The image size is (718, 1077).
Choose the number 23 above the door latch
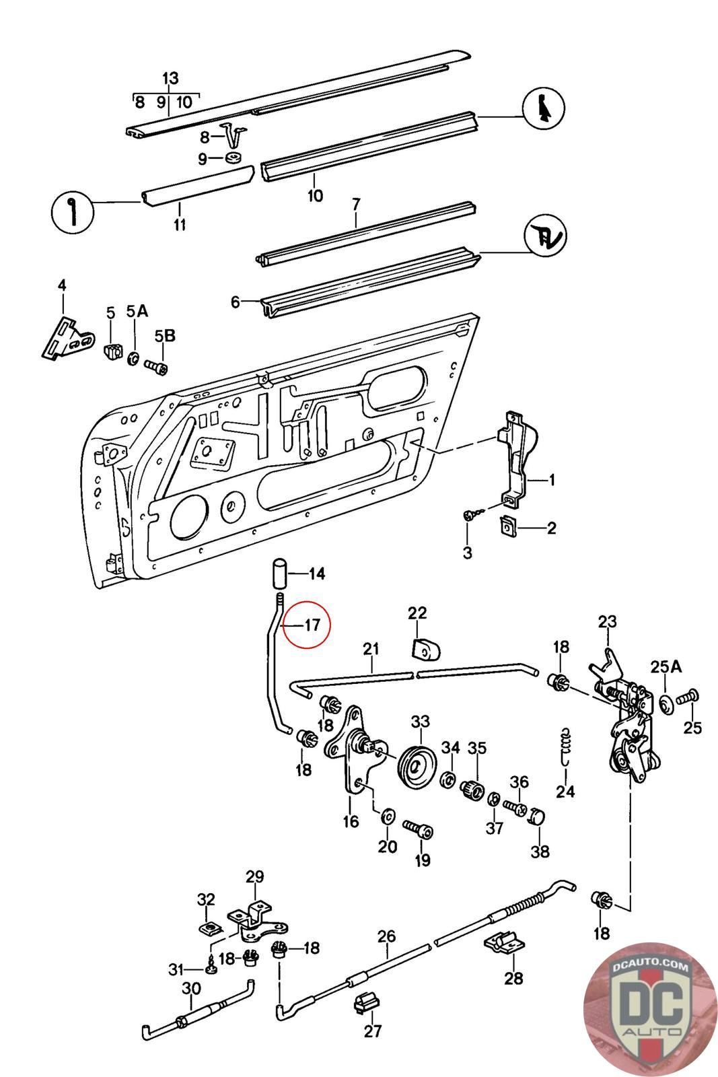coord(607,621)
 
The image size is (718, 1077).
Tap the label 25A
coord(666,667)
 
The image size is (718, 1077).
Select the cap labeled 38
coord(536,817)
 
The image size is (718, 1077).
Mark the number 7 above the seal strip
coord(356,203)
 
